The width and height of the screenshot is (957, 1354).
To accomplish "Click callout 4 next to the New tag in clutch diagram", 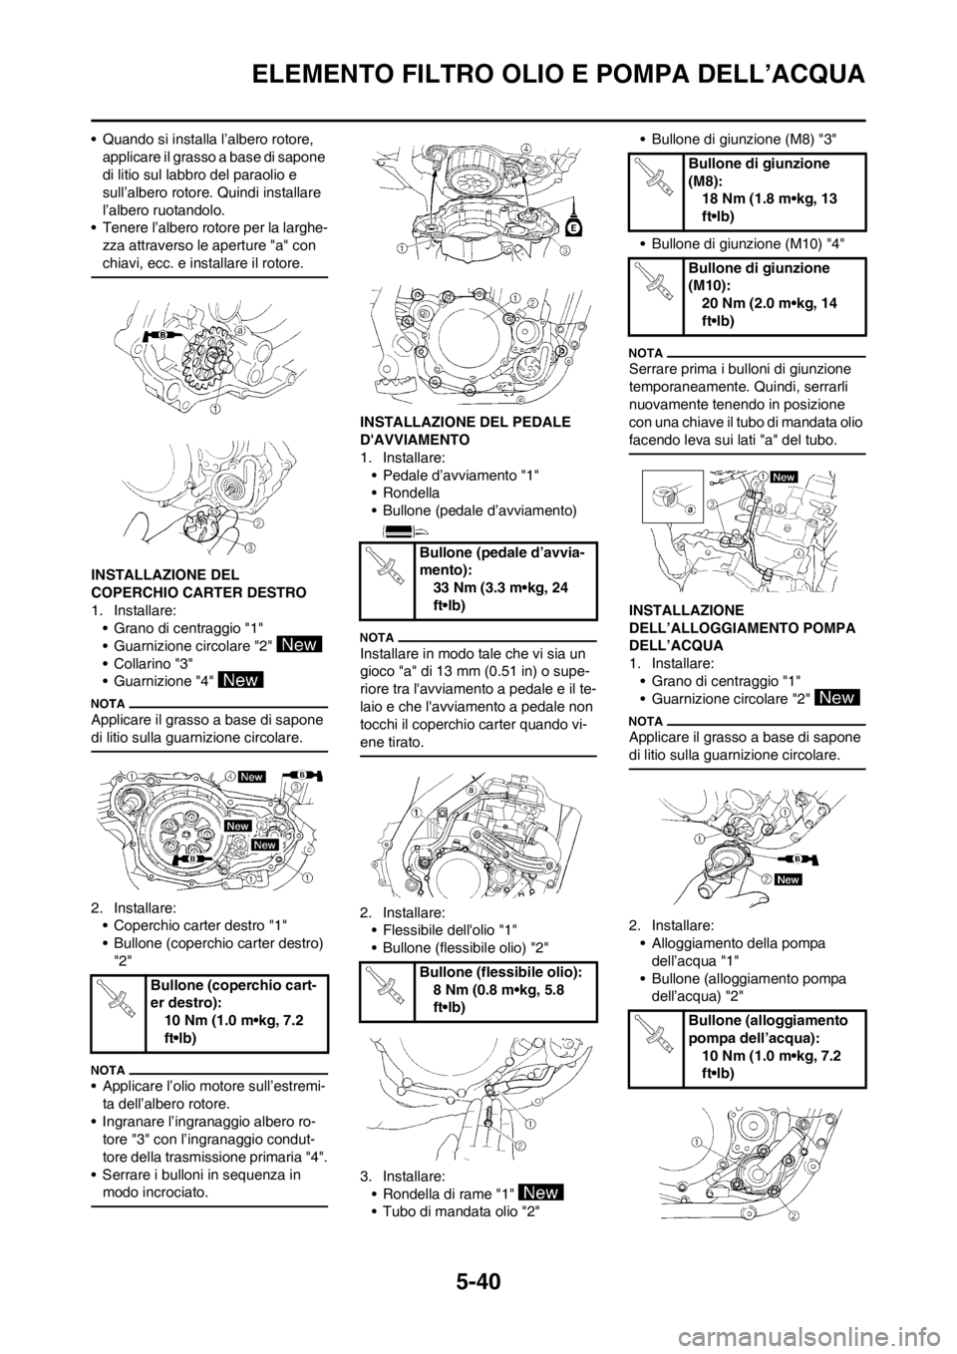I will tap(229, 776).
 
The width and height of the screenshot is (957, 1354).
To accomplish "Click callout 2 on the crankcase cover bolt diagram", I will tap(532, 302).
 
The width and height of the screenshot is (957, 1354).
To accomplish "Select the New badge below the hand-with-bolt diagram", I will tap(540, 1191).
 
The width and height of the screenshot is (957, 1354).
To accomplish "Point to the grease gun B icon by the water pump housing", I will tap(826, 854).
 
